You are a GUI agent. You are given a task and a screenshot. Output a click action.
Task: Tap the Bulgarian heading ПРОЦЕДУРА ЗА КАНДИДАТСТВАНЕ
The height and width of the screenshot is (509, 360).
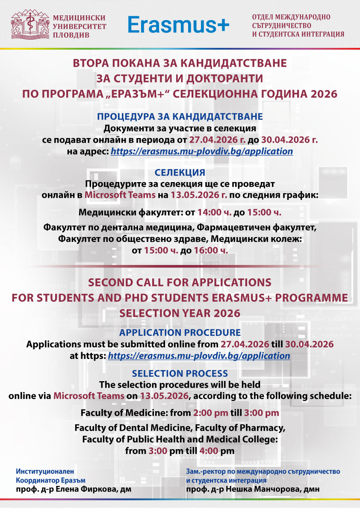click(180, 117)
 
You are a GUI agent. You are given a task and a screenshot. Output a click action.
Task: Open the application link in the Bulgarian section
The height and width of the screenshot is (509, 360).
click(202, 151)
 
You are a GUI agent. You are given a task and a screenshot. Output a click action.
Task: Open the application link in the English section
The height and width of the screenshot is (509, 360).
click(199, 356)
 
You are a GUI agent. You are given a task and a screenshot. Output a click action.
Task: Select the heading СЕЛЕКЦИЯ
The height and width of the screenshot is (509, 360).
click(180, 173)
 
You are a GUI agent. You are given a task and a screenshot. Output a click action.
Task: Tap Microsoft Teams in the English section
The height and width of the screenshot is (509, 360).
click(89, 396)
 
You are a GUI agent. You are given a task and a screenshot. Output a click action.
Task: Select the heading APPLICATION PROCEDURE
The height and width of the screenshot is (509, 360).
click(180, 332)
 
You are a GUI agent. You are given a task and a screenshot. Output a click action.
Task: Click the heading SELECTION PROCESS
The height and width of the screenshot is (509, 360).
click(180, 374)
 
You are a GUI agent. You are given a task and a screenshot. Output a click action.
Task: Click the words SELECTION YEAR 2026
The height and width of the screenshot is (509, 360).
click(180, 313)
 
